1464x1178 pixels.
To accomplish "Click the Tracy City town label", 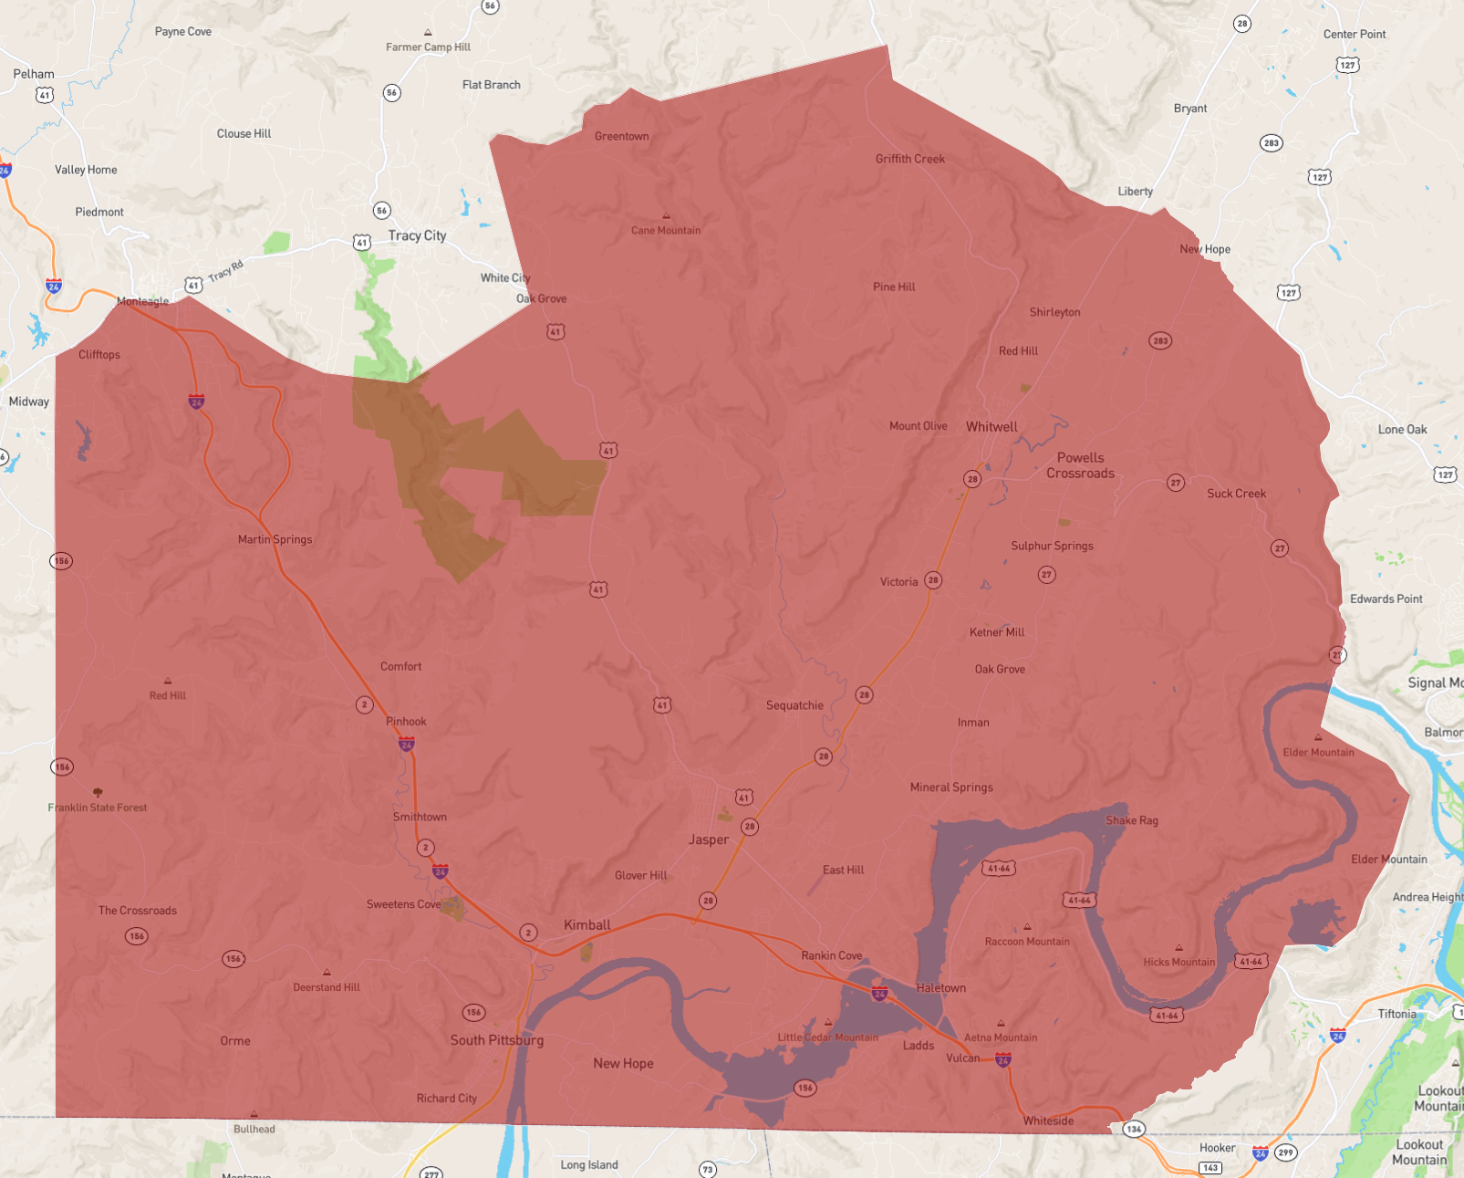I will tap(417, 235).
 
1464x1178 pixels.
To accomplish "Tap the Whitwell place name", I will tap(992, 427).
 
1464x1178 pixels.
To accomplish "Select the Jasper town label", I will tap(709, 839).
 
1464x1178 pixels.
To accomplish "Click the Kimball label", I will tap(587, 925).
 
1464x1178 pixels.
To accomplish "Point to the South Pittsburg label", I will tap(496, 1040).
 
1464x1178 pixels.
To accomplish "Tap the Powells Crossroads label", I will tap(1080, 465).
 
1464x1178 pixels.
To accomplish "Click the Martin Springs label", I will tap(275, 539).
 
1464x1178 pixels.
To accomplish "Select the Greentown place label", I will tap(621, 137).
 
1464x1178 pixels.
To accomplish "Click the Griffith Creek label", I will tap(909, 159).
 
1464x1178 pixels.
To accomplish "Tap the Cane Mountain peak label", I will tap(666, 230).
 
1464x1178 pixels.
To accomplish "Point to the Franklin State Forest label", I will tap(98, 808).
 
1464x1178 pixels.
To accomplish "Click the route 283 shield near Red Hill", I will tap(1160, 340).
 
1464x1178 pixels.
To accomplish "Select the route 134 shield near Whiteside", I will tap(1133, 1129).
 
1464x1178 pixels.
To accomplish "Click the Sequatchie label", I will tap(794, 705).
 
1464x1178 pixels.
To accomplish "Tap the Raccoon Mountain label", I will tap(1027, 942).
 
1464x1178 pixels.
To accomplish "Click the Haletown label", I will tap(940, 988).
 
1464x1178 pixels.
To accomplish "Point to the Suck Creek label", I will tap(1236, 494).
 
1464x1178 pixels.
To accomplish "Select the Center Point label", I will tap(1354, 35).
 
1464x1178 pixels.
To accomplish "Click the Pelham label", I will tap(34, 74).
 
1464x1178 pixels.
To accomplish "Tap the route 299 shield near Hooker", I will tap(1285, 1152).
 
